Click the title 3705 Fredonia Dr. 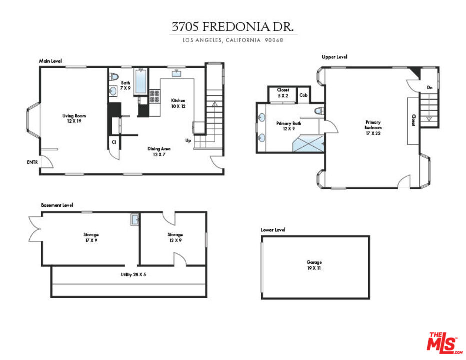point(233,27)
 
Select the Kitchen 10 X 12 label point(178,103)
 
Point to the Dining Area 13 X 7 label point(159,152)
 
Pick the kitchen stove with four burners point(154,96)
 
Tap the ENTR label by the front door point(32,162)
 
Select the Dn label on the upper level point(429,88)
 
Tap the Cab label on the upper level point(303,95)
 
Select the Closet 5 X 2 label point(283,93)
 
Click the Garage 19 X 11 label point(314,265)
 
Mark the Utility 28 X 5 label point(133,275)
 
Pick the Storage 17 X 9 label point(91,237)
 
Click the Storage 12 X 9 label point(175,237)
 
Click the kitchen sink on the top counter point(177,74)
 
